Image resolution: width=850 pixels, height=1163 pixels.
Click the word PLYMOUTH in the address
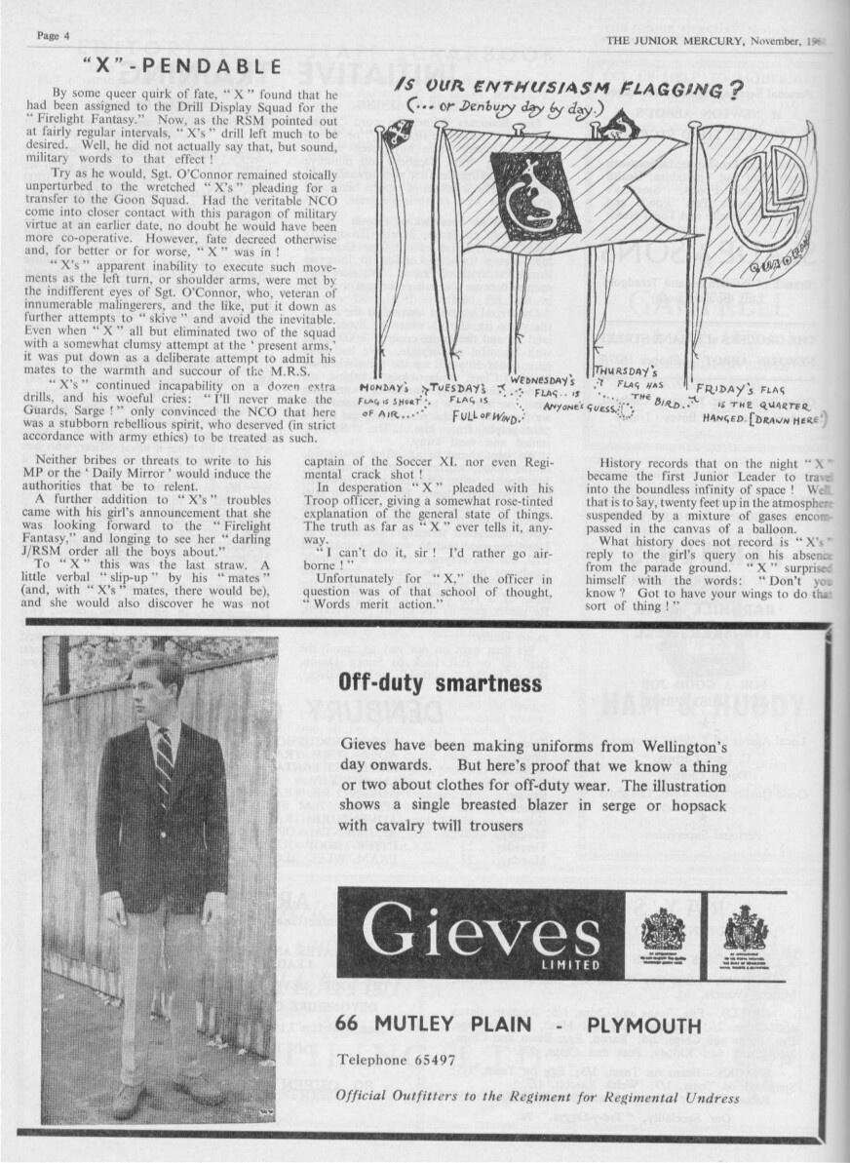[x=644, y=1026]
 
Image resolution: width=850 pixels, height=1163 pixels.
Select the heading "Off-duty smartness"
[x=440, y=682]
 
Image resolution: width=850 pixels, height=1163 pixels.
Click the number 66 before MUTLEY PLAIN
[x=348, y=1026]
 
